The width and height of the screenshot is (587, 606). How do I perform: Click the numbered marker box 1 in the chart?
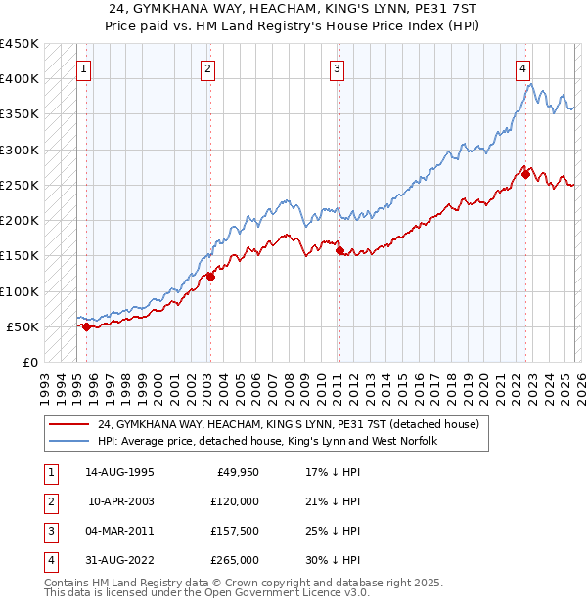pyautogui.click(x=85, y=68)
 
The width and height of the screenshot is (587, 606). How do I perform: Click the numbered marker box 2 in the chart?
pyautogui.click(x=209, y=68)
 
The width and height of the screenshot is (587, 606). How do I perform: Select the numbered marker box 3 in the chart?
pyautogui.click(x=337, y=68)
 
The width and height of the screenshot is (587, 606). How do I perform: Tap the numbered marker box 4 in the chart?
pyautogui.click(x=523, y=68)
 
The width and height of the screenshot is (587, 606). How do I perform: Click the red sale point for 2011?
pyautogui.click(x=339, y=251)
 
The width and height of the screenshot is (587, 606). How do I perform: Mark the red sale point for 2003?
pyautogui.click(x=210, y=278)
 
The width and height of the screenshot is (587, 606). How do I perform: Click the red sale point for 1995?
pyautogui.click(x=86, y=326)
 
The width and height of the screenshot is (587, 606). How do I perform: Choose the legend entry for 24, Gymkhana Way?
pyautogui.click(x=288, y=425)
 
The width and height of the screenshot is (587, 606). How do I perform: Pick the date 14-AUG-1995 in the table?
pyautogui.click(x=118, y=472)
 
